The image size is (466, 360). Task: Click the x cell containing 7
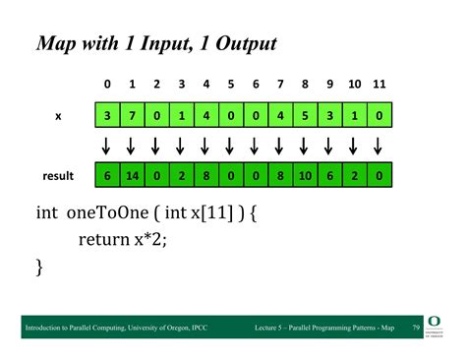[x=132, y=115]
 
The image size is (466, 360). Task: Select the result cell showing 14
[x=132, y=175]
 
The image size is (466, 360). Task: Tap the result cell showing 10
[x=305, y=175]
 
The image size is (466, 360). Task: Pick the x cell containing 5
[x=305, y=115]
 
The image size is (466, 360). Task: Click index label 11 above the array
[x=379, y=85]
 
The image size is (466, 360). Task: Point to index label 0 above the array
[x=107, y=85]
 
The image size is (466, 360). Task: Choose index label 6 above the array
[x=256, y=85]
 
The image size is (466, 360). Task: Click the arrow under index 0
[x=106, y=146]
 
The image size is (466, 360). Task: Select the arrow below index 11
[x=378, y=146]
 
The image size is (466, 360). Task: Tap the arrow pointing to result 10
[x=304, y=146]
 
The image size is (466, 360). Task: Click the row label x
[x=58, y=116]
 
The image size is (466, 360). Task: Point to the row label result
[x=58, y=176]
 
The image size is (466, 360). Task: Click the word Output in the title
[x=246, y=44]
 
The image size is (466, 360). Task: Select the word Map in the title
[x=56, y=44]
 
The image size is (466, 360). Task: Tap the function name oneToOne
[x=107, y=212]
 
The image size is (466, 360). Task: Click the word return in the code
[x=104, y=239]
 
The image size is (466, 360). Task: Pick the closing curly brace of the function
[x=39, y=268]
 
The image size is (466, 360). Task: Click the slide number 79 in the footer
[x=416, y=328]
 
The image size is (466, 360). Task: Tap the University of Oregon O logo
[x=434, y=322]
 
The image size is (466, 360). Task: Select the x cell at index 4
[x=206, y=115]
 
